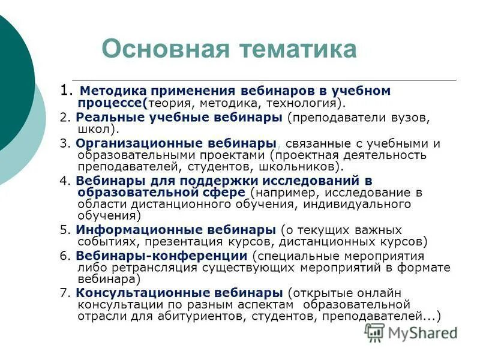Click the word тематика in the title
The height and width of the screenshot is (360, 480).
tap(301, 49)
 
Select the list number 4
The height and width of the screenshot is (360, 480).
tap(64, 181)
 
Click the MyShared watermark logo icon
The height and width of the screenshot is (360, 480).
tap(375, 332)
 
